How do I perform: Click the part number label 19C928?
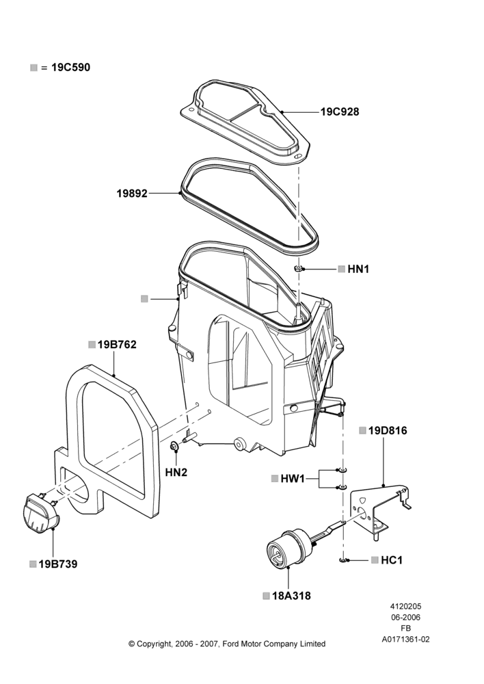340,111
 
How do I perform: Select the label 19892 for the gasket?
132,193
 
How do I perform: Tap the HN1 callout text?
358,269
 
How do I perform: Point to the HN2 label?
176,472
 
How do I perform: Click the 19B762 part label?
117,345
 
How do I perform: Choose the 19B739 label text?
58,564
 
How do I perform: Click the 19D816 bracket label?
388,430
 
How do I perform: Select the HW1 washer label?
293,479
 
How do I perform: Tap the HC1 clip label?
392,560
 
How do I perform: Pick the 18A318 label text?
291,596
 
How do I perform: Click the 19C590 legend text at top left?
70,68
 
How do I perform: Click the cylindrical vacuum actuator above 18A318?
286,547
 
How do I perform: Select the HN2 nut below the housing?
174,446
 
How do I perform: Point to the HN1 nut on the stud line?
299,268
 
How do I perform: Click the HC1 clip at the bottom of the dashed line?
343,560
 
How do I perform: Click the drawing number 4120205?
405,606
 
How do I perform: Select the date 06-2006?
405,617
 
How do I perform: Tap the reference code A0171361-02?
405,640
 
